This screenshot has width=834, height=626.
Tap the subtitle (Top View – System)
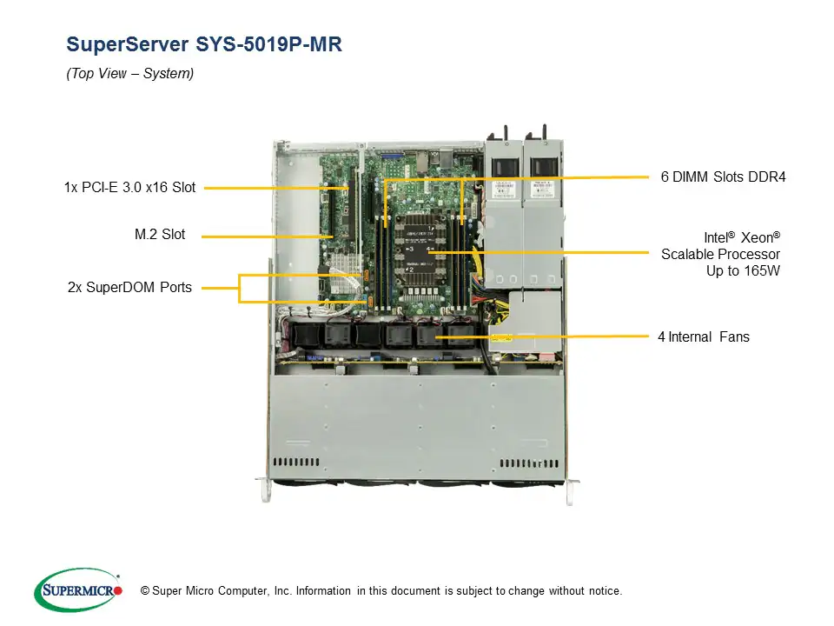130,74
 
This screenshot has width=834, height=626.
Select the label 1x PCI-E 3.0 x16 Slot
129,187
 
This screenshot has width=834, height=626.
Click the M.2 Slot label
160,235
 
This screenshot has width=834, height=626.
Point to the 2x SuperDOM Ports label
129,288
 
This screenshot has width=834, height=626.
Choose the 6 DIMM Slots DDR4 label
722,176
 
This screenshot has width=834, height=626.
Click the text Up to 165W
743,270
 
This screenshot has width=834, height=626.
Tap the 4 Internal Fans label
703,336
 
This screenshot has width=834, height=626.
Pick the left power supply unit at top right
504,217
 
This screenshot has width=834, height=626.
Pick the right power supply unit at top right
544,217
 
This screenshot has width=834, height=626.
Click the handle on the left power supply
503,137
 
